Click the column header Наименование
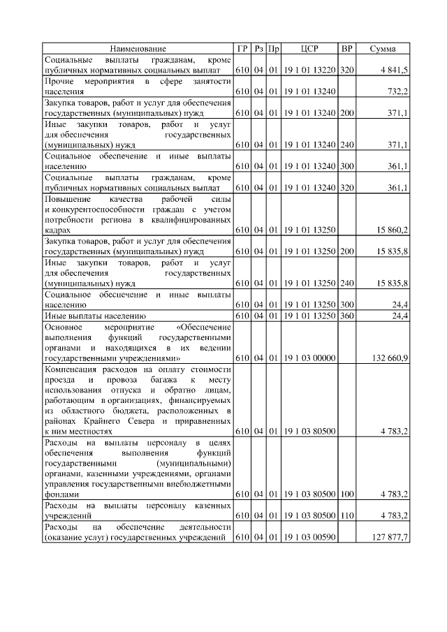[138, 48]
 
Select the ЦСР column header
[309, 48]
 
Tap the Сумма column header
[382, 48]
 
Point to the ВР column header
[346, 48]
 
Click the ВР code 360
[347, 316]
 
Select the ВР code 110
[347, 515]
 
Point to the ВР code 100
[347, 494]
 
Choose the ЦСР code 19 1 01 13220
[309, 71]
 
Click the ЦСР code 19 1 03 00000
[309, 358]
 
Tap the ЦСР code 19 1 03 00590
[309, 536]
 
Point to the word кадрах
[57, 229]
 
